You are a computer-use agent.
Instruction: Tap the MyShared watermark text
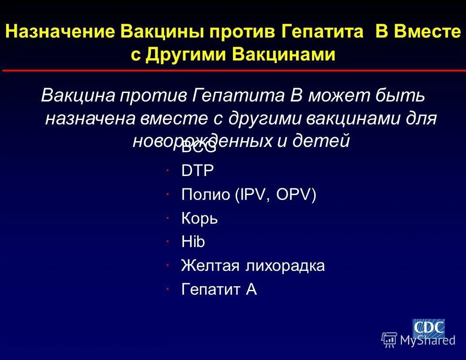pyautogui.click(x=427, y=340)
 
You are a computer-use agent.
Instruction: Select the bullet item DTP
pyautogui.click(x=197, y=171)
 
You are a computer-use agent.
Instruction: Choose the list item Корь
pyautogui.click(x=199, y=218)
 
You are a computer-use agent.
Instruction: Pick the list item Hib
pyautogui.click(x=193, y=242)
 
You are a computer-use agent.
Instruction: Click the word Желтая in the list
pyautogui.click(x=210, y=266)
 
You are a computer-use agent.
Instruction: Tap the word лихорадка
pyautogui.click(x=286, y=266)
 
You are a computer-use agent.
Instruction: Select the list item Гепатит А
pyautogui.click(x=219, y=289)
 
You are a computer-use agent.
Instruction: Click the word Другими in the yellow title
pyautogui.click(x=186, y=55)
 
